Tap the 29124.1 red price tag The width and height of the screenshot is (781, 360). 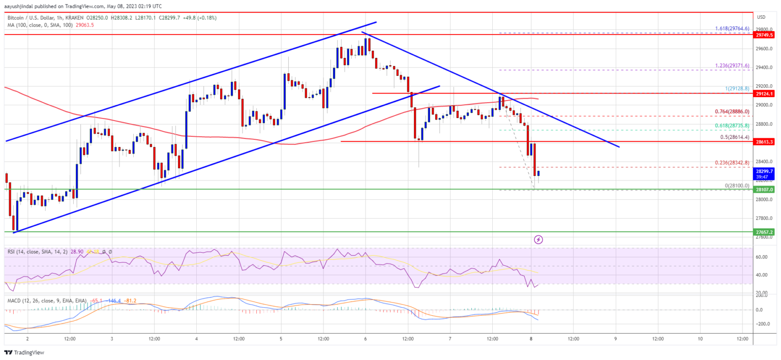764,94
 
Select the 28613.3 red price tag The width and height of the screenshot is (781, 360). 764,141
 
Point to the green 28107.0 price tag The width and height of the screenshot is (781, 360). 764,189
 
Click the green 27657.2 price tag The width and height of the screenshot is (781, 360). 764,232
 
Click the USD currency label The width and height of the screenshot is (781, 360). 762,17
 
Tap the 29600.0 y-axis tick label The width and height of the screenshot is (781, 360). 764,49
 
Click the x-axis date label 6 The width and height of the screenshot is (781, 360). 366,339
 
